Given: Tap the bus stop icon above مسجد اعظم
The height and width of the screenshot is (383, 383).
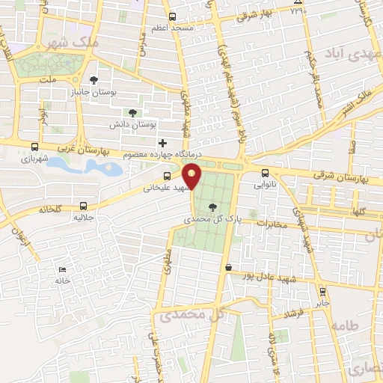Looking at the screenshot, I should [x=173, y=16].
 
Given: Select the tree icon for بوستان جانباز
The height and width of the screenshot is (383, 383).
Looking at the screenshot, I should [x=94, y=80].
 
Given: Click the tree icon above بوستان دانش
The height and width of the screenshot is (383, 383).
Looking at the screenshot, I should [x=132, y=113].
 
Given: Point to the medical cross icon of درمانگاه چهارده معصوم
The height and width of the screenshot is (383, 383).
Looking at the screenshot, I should [x=162, y=143].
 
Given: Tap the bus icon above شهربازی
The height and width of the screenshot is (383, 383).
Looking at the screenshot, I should [x=34, y=147].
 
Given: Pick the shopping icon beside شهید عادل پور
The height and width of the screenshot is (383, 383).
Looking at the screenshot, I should [x=227, y=267].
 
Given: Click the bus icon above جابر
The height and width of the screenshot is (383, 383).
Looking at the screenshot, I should [x=322, y=292].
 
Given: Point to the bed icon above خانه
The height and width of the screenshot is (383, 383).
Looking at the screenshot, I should [x=62, y=269].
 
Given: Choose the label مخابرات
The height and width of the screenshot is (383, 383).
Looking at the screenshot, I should [x=273, y=223].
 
